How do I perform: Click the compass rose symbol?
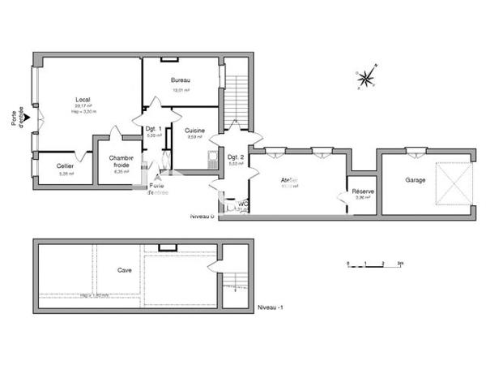(x=366, y=78)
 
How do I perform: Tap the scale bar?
(x=374, y=265)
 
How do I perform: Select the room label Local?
(x=82, y=100)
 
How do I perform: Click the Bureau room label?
(x=180, y=80)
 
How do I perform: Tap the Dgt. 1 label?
(x=153, y=128)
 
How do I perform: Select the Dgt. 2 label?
(x=235, y=157)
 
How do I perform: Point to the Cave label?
(x=124, y=270)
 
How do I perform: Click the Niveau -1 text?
(x=270, y=309)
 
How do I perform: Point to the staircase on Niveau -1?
(x=233, y=284)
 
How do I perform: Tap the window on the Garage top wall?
(x=416, y=149)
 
